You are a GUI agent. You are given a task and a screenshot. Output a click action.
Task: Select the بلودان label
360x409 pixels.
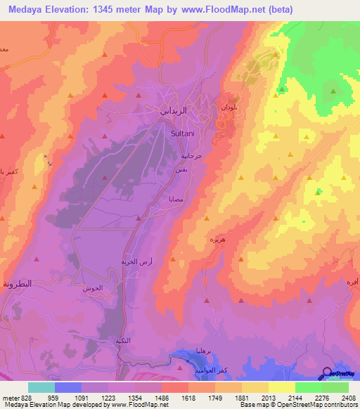click(x=229, y=109)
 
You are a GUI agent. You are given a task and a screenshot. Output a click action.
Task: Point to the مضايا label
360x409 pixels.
click(x=176, y=199)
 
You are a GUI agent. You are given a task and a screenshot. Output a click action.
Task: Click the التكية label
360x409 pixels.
click(x=127, y=341)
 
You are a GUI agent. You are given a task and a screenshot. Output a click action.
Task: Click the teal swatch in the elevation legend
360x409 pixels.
click(x=41, y=387)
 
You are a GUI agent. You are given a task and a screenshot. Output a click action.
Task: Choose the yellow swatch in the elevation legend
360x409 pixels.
click(x=281, y=387)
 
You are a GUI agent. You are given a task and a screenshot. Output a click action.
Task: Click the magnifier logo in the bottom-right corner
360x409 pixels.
click(x=326, y=374)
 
